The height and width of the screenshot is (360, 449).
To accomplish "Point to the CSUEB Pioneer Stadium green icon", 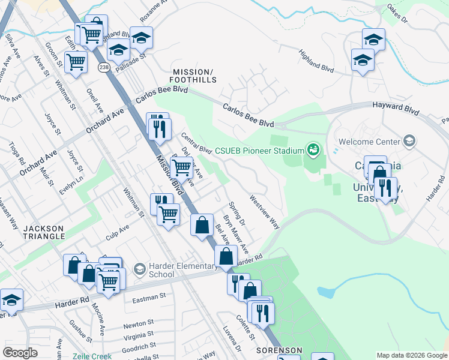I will (312, 149).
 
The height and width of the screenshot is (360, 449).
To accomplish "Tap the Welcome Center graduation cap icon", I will (409, 142).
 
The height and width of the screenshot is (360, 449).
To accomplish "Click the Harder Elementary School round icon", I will (139, 268).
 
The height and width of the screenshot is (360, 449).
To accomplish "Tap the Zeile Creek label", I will (92, 355).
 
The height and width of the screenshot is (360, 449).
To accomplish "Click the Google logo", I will (20, 353).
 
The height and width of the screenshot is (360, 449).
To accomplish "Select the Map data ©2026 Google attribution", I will (412, 355).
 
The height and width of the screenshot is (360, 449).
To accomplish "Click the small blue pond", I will (326, 293).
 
